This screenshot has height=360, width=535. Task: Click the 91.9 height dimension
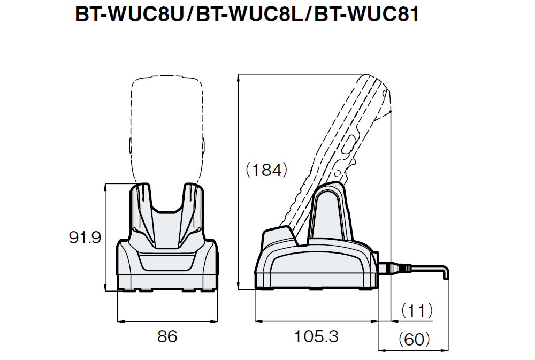point(85,238)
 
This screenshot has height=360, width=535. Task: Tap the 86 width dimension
point(167,336)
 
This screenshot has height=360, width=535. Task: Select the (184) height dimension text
point(263,171)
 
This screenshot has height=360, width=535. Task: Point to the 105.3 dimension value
point(316,336)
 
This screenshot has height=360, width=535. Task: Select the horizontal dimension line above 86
point(167,321)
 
